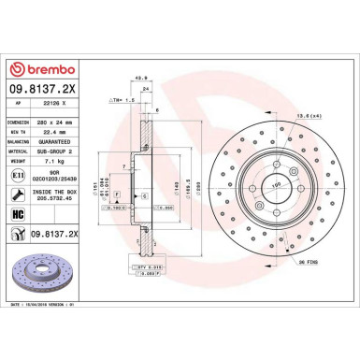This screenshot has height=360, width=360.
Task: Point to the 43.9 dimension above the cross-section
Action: coord(141,78)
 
